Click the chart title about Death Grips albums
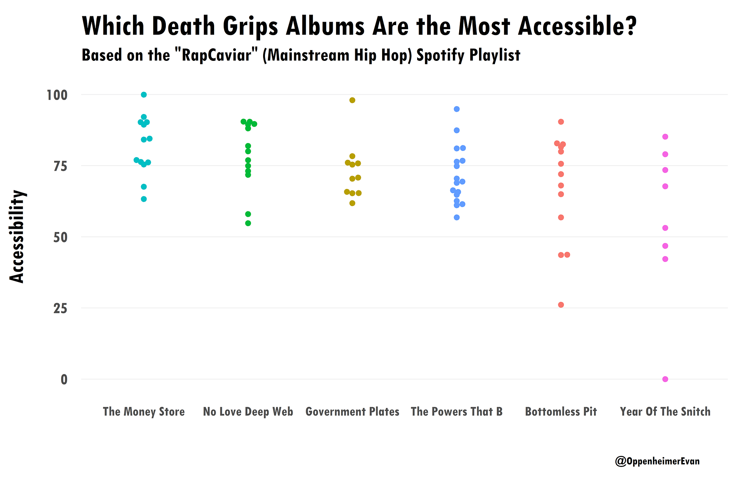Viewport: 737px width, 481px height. point(359,27)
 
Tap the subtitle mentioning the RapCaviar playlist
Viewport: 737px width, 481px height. point(301,55)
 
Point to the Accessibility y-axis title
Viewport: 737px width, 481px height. point(17,236)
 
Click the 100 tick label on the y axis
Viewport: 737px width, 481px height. point(57,95)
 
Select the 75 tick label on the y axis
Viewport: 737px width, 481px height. point(60,166)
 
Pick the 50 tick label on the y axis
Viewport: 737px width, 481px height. point(60,237)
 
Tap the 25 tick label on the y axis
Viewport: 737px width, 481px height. point(60,308)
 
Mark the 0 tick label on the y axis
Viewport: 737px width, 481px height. point(64,380)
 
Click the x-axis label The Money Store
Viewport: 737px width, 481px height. point(144,412)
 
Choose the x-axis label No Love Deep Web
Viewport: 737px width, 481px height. point(248,412)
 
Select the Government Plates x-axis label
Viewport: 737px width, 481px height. point(352,412)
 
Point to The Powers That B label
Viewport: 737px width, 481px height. point(457,412)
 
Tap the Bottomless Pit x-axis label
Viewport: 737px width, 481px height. point(561,412)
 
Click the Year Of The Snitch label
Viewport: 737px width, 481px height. point(665,412)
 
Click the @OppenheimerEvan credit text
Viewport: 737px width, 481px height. point(657,461)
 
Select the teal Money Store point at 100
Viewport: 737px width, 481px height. point(144,95)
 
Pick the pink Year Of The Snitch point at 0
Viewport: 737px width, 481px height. point(665,379)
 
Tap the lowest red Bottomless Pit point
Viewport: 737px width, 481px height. point(561,305)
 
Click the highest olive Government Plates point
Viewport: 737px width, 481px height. point(352,100)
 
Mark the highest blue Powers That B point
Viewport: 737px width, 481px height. point(457,109)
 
